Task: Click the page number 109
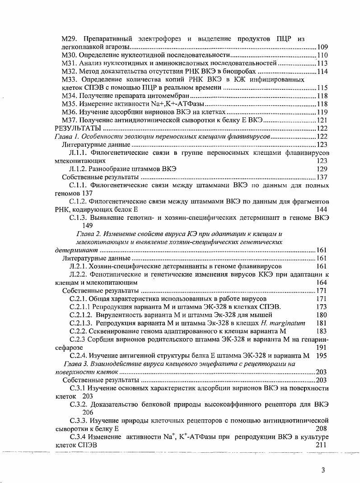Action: [x=323, y=47]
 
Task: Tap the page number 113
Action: [x=323, y=63]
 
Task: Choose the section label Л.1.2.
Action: [x=79, y=169]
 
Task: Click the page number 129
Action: [x=322, y=169]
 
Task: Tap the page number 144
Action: [x=322, y=209]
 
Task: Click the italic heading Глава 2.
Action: [x=89, y=233]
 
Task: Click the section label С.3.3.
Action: [x=79, y=420]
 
